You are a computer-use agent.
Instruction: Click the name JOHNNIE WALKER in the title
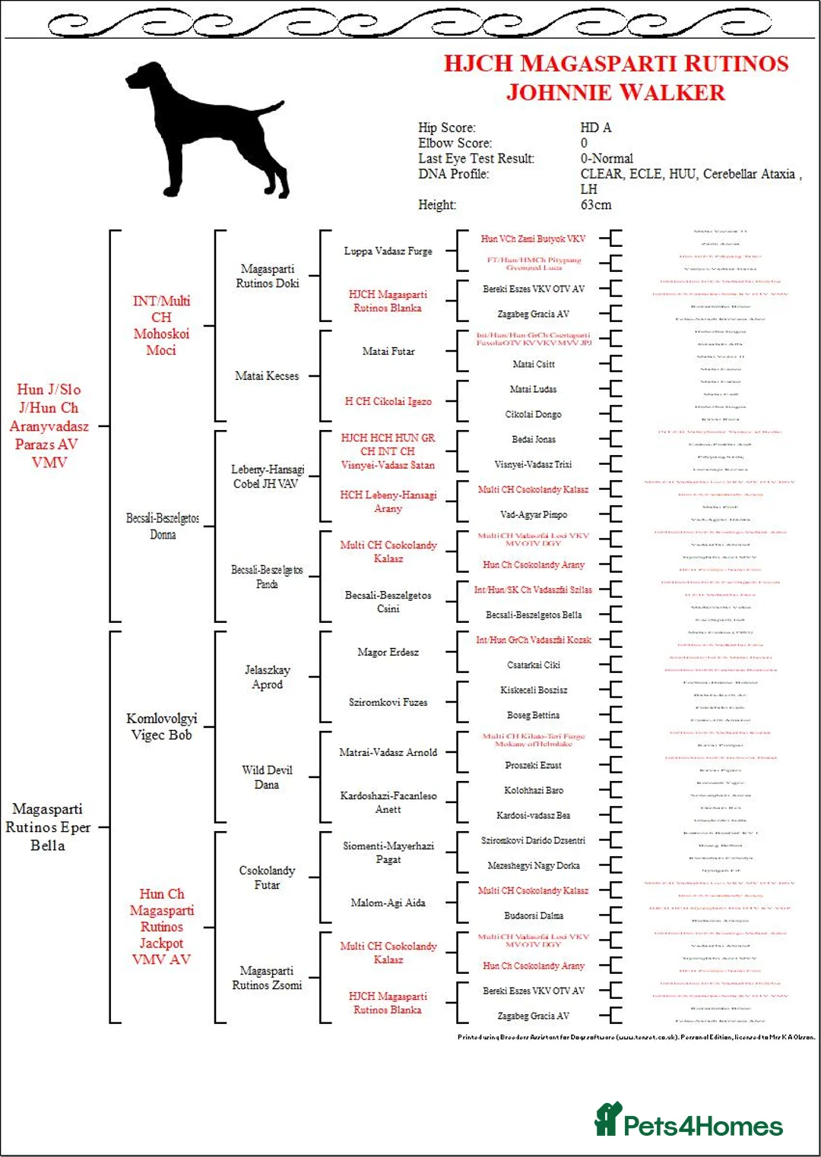point(616,93)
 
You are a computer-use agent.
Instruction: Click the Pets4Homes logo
point(688,1121)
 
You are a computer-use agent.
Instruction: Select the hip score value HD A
point(595,128)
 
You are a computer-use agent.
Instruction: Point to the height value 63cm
point(595,205)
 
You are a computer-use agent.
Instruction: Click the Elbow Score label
point(455,143)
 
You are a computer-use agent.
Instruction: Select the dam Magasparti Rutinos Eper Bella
point(48,827)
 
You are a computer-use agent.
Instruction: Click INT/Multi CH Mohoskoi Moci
point(161,325)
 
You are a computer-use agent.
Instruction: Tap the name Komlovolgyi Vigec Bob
point(161,726)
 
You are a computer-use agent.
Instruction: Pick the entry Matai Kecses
point(267,376)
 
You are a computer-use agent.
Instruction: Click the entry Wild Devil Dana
point(267,777)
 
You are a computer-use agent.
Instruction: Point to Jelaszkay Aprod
point(267,677)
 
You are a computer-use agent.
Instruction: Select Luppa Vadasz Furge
point(388,251)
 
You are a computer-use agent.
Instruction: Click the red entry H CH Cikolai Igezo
point(388,401)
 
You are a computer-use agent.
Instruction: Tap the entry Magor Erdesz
point(388,652)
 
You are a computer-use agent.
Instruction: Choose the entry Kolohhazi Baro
point(534,790)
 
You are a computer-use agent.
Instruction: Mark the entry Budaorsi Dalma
point(534,915)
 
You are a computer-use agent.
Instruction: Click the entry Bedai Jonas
point(534,439)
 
